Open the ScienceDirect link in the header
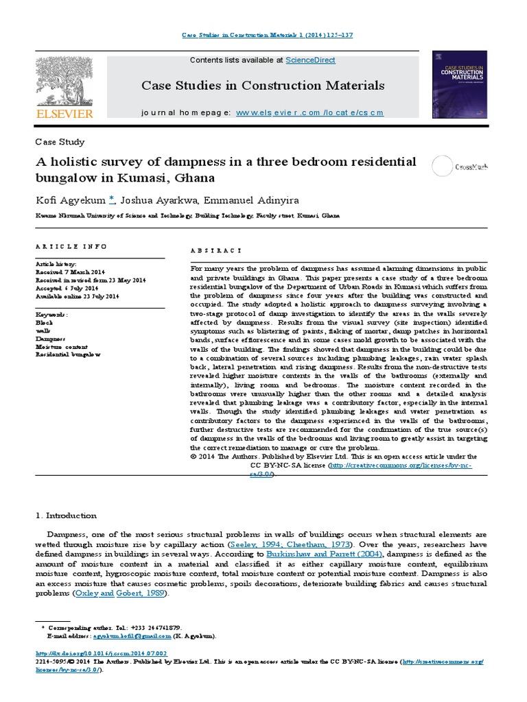310,60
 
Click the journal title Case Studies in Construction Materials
263,86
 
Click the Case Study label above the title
60,142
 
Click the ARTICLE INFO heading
71,246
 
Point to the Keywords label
51,314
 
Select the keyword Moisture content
61,347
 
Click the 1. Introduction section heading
66,516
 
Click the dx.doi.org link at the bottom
101,653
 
